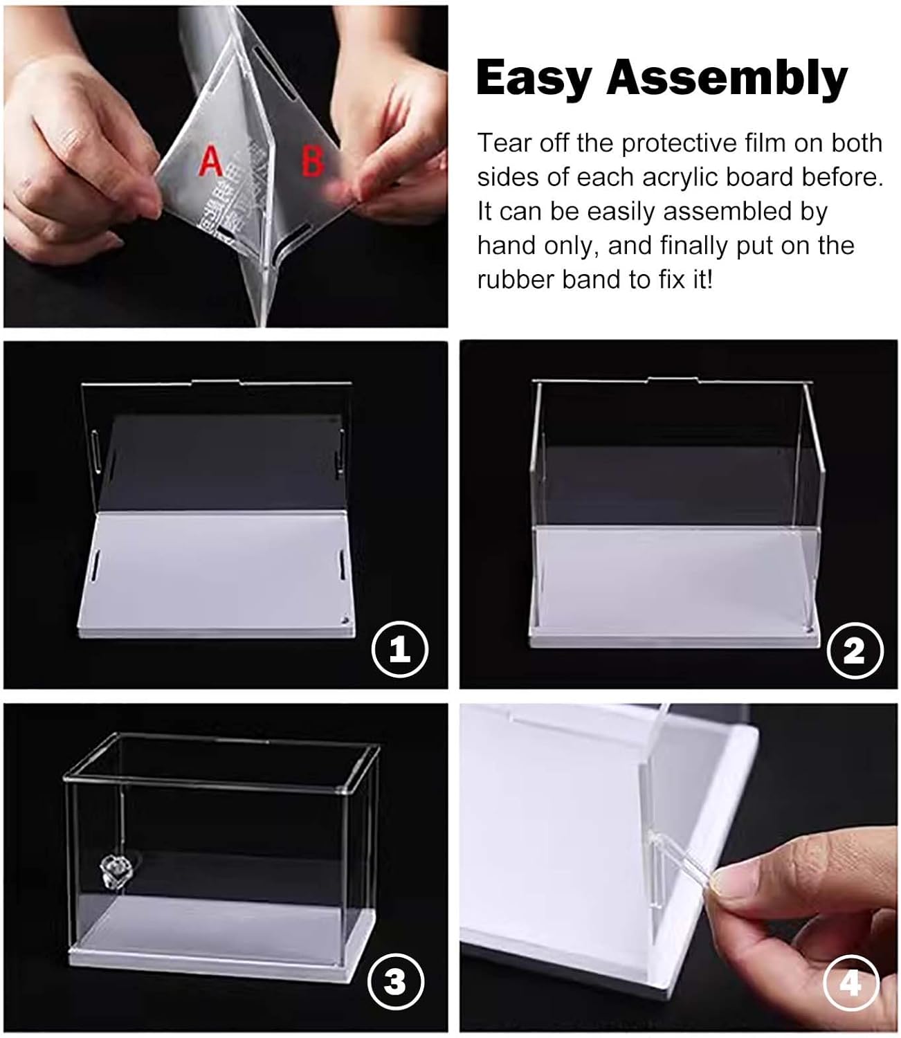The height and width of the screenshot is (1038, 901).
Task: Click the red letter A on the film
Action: (211, 161)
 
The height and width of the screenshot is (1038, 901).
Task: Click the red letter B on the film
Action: (313, 161)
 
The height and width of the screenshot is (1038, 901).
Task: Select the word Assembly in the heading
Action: (727, 79)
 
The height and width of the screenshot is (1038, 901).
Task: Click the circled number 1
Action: (400, 649)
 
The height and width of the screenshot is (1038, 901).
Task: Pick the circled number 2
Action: (855, 650)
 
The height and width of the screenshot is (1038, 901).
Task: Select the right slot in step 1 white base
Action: (343, 564)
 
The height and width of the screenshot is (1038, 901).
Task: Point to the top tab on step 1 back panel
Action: (216, 381)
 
